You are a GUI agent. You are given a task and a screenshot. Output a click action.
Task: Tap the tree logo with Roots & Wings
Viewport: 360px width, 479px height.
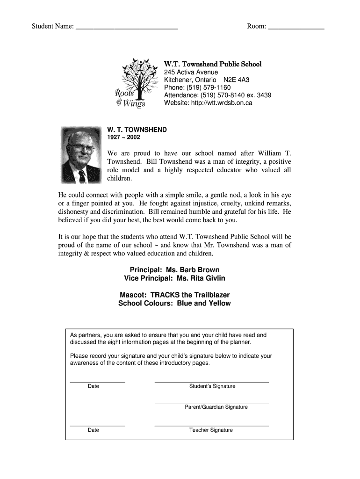(x=134, y=82)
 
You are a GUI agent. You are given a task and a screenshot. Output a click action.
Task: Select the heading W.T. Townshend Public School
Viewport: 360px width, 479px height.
(x=213, y=64)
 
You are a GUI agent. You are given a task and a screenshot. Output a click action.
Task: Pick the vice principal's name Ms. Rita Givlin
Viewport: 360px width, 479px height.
(x=201, y=278)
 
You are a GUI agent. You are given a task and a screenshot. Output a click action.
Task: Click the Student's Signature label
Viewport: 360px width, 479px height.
(x=212, y=386)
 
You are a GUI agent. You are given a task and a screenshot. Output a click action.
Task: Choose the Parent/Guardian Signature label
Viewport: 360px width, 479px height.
(x=216, y=407)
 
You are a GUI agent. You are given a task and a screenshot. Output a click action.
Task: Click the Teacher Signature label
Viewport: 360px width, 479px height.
(x=211, y=430)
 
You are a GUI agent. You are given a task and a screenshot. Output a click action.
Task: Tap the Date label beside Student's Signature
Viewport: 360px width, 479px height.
(x=93, y=386)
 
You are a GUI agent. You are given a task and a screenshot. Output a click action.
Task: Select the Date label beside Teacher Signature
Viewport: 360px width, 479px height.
(x=93, y=430)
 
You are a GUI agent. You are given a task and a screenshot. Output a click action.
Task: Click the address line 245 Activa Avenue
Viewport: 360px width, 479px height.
(x=191, y=73)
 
